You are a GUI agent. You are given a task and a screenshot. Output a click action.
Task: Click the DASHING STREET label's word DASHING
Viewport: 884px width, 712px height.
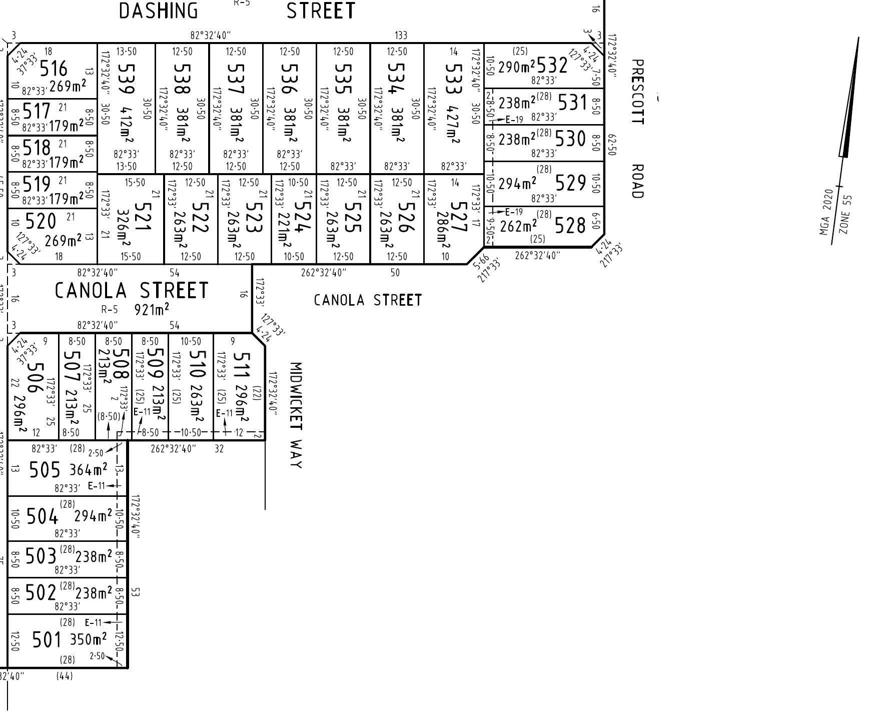pyautogui.click(x=158, y=11)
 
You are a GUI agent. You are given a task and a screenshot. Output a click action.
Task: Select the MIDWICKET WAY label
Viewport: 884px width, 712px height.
pyautogui.click(x=296, y=415)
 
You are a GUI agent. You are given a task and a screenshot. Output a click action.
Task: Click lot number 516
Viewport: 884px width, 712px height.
pyautogui.click(x=53, y=68)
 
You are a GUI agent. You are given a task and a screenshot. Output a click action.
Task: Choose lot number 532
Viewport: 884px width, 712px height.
pyautogui.click(x=552, y=66)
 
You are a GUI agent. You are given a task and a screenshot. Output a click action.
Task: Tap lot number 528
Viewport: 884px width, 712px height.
pyautogui.click(x=569, y=225)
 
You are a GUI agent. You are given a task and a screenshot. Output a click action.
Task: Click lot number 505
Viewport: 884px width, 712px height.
pyautogui.click(x=45, y=470)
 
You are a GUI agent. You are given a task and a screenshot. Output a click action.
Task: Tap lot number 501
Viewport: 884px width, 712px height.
pyautogui.click(x=46, y=639)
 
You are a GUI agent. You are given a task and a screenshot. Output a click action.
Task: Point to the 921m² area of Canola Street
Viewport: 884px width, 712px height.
pyautogui.click(x=152, y=309)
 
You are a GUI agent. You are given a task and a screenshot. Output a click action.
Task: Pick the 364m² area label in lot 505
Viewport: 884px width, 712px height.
pyautogui.click(x=88, y=469)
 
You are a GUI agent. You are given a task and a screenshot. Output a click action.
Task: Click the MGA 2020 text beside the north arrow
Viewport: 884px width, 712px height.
pyautogui.click(x=825, y=219)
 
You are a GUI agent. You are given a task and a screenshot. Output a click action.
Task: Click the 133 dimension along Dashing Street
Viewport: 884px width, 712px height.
pyautogui.click(x=401, y=35)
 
